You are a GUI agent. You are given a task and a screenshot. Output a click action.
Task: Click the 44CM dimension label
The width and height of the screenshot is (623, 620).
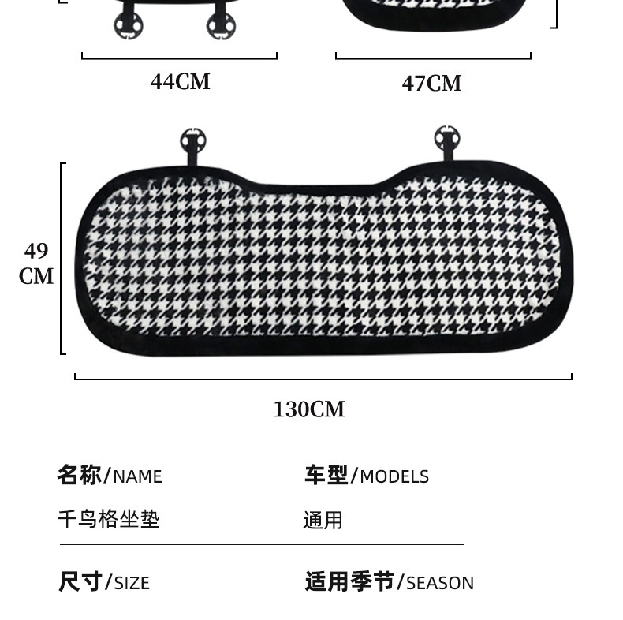pos(181,81)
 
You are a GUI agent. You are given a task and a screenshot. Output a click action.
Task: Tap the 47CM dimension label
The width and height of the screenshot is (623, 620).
pos(431,83)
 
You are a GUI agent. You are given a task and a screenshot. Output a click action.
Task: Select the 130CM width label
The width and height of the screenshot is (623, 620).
pos(309,409)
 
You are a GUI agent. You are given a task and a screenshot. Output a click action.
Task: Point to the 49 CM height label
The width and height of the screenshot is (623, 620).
pos(36,263)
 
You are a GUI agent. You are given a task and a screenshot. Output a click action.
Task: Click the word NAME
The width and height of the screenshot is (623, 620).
pos(137,476)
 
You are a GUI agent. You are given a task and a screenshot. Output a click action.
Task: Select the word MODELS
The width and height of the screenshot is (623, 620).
pos(394,476)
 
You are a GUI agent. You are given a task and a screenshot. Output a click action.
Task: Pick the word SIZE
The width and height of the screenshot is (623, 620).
pos(132,584)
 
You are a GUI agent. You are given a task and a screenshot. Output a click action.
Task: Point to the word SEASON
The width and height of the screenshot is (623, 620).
pos(440,584)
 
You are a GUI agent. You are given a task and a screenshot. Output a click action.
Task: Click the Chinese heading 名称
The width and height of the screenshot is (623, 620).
pos(79,475)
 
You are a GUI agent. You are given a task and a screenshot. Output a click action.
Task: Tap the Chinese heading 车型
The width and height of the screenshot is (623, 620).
pos(326,475)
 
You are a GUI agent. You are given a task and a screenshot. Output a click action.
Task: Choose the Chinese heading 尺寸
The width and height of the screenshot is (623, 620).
pos(80,582)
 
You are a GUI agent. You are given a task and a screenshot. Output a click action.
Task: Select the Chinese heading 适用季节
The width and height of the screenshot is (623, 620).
pos(349,582)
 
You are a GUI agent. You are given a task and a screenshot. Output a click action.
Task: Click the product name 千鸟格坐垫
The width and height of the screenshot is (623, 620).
pos(109,519)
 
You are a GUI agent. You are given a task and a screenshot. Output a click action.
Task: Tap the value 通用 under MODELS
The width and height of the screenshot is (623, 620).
pos(323,520)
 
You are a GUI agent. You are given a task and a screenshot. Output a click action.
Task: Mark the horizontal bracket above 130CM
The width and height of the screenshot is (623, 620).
pos(323,378)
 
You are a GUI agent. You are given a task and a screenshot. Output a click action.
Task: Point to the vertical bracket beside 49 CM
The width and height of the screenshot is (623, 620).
pos(62,259)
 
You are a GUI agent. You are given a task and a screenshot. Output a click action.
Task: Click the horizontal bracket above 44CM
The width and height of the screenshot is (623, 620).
pos(179,58)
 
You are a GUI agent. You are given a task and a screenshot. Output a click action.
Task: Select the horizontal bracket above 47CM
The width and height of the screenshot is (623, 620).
pos(433,58)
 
